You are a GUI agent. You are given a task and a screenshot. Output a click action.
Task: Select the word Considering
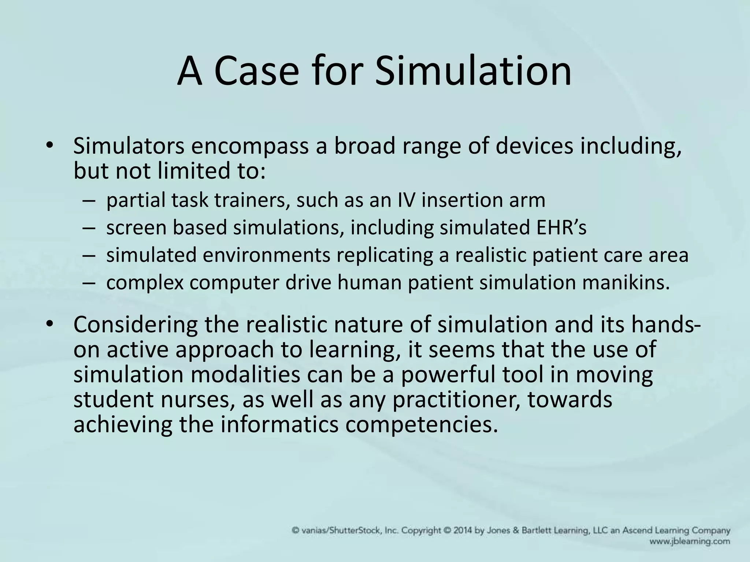(135, 325)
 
